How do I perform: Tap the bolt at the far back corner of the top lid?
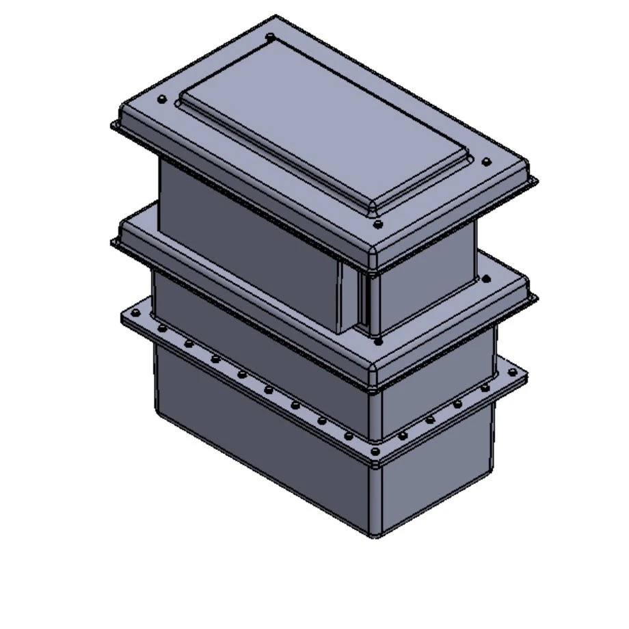(x=271, y=37)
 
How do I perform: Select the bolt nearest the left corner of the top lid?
(x=162, y=100)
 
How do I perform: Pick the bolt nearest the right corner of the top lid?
(x=486, y=163)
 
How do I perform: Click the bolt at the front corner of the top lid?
(x=377, y=224)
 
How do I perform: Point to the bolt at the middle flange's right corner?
(x=486, y=279)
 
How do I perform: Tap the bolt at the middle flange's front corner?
(x=377, y=340)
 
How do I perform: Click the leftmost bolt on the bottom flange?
(x=135, y=314)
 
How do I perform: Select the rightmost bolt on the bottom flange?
(x=512, y=373)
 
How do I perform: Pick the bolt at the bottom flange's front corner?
(x=375, y=452)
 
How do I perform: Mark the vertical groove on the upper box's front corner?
(x=363, y=301)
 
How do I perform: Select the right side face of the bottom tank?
(x=438, y=479)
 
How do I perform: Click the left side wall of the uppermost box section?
(x=246, y=239)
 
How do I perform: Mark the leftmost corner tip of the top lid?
(x=112, y=125)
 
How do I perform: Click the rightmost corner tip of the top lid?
(x=537, y=181)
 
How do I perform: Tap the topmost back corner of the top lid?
(x=276, y=16)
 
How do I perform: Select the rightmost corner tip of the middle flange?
(x=537, y=298)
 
